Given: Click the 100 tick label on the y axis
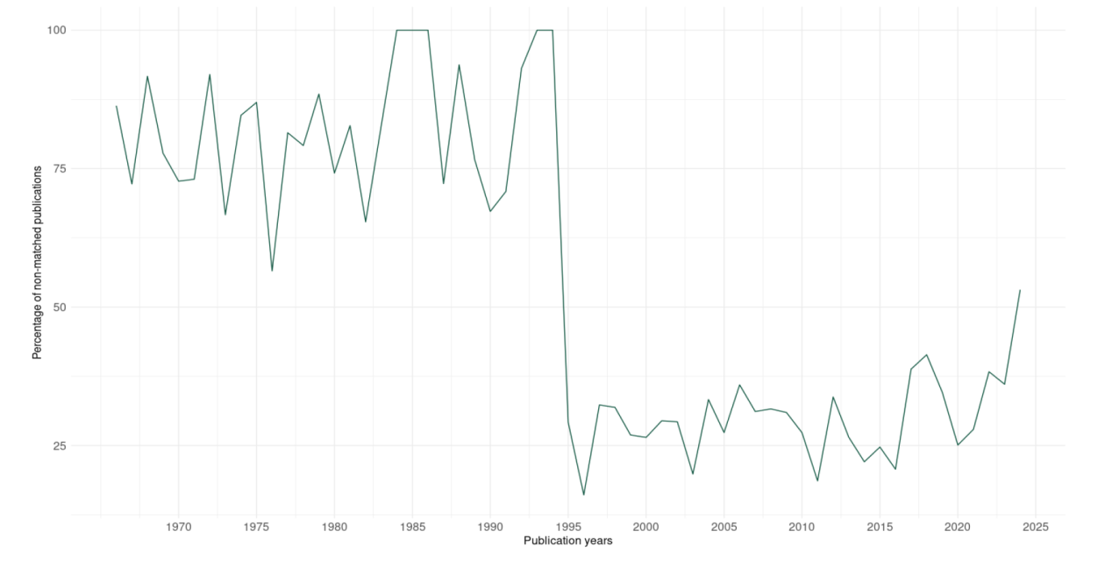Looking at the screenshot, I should pyautogui.click(x=55, y=30).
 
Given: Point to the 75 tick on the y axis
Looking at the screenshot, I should pyautogui.click(x=59, y=168).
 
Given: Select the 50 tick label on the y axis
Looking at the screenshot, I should pyautogui.click(x=59, y=307).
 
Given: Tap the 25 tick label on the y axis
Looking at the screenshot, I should pyautogui.click(x=59, y=445).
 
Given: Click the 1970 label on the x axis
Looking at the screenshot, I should pyautogui.click(x=178, y=528).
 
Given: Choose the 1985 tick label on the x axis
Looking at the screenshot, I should pyautogui.click(x=412, y=528).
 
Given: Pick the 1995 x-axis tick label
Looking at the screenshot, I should pyautogui.click(x=567, y=528).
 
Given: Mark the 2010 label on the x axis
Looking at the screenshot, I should pyautogui.click(x=802, y=528).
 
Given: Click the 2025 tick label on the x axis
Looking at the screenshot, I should pyautogui.click(x=1035, y=528).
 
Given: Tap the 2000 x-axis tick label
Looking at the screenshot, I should pyautogui.click(x=645, y=528).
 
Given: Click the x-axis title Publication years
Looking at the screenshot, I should pyautogui.click(x=567, y=541).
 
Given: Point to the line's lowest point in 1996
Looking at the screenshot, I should pyautogui.click(x=583, y=495).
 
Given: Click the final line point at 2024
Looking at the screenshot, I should pyautogui.click(x=1020, y=289).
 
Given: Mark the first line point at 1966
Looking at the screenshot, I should pyautogui.click(x=117, y=106).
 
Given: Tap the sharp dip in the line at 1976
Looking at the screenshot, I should pyautogui.click(x=272, y=271).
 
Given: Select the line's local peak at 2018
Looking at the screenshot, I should pyautogui.click(x=926, y=355).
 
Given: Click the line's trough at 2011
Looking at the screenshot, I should pyautogui.click(x=817, y=481).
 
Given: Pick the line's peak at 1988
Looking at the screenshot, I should pyautogui.click(x=459, y=65).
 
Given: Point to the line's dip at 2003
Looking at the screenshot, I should pyautogui.click(x=693, y=474).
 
